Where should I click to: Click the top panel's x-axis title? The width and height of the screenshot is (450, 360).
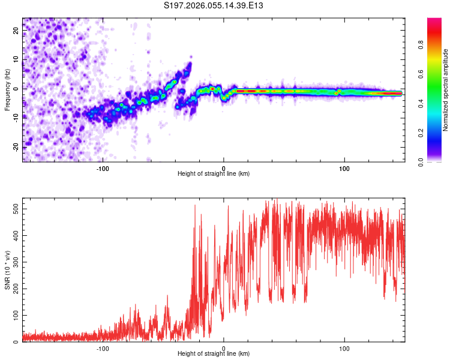[214, 173]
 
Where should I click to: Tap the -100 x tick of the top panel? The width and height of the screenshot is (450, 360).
[103, 167]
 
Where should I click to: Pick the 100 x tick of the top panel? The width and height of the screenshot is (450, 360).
[344, 167]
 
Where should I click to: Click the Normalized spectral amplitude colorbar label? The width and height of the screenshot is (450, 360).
[446, 90]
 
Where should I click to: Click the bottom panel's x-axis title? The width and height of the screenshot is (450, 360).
[214, 354]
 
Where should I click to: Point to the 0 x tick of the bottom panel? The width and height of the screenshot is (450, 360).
[224, 348]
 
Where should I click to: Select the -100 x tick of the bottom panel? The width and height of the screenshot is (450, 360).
[103, 348]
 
